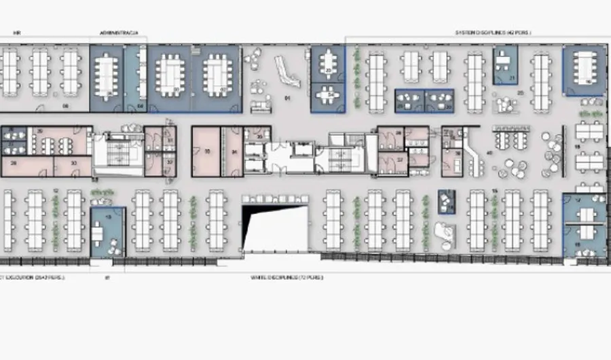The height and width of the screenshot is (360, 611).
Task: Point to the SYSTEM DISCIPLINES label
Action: pos(492,32)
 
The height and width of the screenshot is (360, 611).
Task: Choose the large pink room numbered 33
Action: pos(206,151)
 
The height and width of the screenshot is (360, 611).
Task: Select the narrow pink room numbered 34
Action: pos(233,151)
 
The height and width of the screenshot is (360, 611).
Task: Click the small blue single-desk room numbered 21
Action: pos(505,65)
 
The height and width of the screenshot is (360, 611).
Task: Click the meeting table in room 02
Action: pos(217,68)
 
